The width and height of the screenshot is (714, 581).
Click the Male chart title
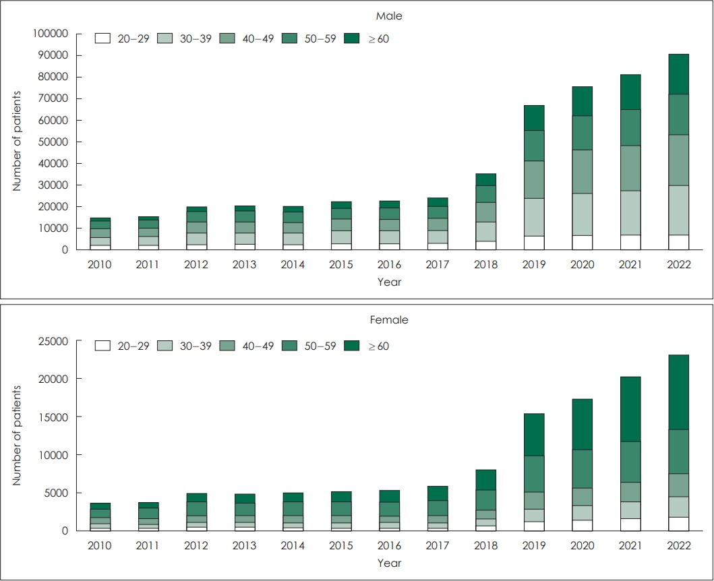(x=389, y=16)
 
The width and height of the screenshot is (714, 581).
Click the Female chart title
(x=389, y=320)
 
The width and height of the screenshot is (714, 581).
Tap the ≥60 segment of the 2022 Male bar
(x=678, y=74)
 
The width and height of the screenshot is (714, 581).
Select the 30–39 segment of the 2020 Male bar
(x=582, y=214)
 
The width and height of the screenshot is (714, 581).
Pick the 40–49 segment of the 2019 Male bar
(x=534, y=180)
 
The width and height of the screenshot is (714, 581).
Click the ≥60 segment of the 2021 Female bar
(x=630, y=409)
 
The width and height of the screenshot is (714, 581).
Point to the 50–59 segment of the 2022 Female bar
(x=678, y=452)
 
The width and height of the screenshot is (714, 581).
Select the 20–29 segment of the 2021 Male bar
(x=630, y=242)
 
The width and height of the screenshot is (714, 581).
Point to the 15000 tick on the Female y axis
(x=53, y=417)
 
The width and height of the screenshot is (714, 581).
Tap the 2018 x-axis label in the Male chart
(x=485, y=264)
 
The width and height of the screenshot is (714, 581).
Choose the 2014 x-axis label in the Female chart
(x=293, y=545)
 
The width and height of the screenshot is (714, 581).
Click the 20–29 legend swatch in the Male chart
(x=103, y=38)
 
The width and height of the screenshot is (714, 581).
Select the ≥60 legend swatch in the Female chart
(x=351, y=346)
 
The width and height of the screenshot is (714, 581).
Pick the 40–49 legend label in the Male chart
(x=258, y=39)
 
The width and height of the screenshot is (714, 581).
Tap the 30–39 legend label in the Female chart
(x=196, y=346)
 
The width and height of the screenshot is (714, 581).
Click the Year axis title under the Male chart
(x=389, y=282)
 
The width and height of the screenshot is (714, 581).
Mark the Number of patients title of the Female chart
(x=17, y=435)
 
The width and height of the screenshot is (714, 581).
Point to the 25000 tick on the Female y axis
(x=53, y=341)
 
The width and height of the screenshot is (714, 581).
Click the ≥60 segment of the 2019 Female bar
(x=534, y=435)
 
